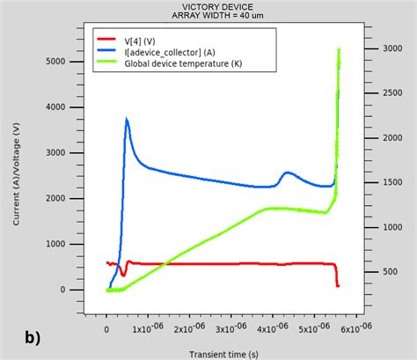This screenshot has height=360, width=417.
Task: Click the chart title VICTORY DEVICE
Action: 208,7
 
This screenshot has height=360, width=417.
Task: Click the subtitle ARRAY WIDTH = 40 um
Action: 208,16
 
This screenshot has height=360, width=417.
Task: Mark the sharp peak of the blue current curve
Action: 127,119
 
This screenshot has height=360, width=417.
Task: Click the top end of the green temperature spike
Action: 339,50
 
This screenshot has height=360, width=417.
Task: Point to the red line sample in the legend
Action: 106,40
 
